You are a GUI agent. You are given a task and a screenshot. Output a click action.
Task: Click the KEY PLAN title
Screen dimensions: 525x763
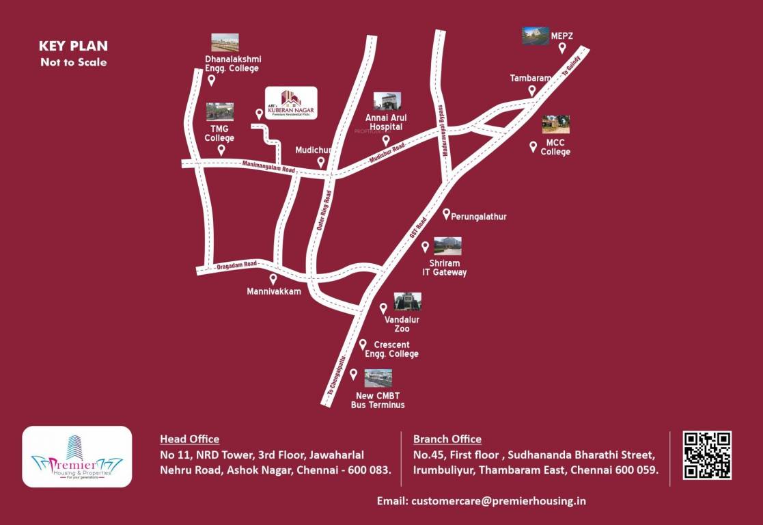click(x=73, y=46)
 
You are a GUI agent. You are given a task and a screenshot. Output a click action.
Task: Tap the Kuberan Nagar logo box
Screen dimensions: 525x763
click(x=291, y=103)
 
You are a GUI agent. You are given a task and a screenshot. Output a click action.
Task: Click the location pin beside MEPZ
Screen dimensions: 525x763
click(x=562, y=48)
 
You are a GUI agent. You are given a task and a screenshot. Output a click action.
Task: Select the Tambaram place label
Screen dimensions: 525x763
click(x=530, y=78)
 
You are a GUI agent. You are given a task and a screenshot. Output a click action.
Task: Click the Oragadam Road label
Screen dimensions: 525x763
click(x=236, y=265)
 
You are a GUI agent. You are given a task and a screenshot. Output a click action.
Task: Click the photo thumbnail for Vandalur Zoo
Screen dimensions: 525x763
click(x=407, y=302)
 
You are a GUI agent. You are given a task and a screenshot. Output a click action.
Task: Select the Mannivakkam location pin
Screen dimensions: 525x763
click(x=273, y=279)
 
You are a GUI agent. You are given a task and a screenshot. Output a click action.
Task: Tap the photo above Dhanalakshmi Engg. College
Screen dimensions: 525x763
click(x=225, y=42)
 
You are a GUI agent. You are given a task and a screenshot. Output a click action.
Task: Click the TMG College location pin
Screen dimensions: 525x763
click(x=221, y=150)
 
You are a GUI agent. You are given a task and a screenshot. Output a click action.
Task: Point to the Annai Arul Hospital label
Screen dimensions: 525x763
click(x=387, y=122)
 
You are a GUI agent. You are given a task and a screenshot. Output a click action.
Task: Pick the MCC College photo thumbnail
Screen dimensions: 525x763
click(x=555, y=124)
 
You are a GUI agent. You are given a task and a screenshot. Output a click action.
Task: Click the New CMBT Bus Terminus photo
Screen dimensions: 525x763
click(x=378, y=378)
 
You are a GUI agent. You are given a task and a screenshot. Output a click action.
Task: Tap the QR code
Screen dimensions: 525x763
click(x=707, y=455)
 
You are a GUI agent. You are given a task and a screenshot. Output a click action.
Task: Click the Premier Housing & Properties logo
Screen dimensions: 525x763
click(x=77, y=457)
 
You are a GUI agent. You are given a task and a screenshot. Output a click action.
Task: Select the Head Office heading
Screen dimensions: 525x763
click(x=189, y=439)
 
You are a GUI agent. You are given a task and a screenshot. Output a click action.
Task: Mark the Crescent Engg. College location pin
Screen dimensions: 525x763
click(x=363, y=345)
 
